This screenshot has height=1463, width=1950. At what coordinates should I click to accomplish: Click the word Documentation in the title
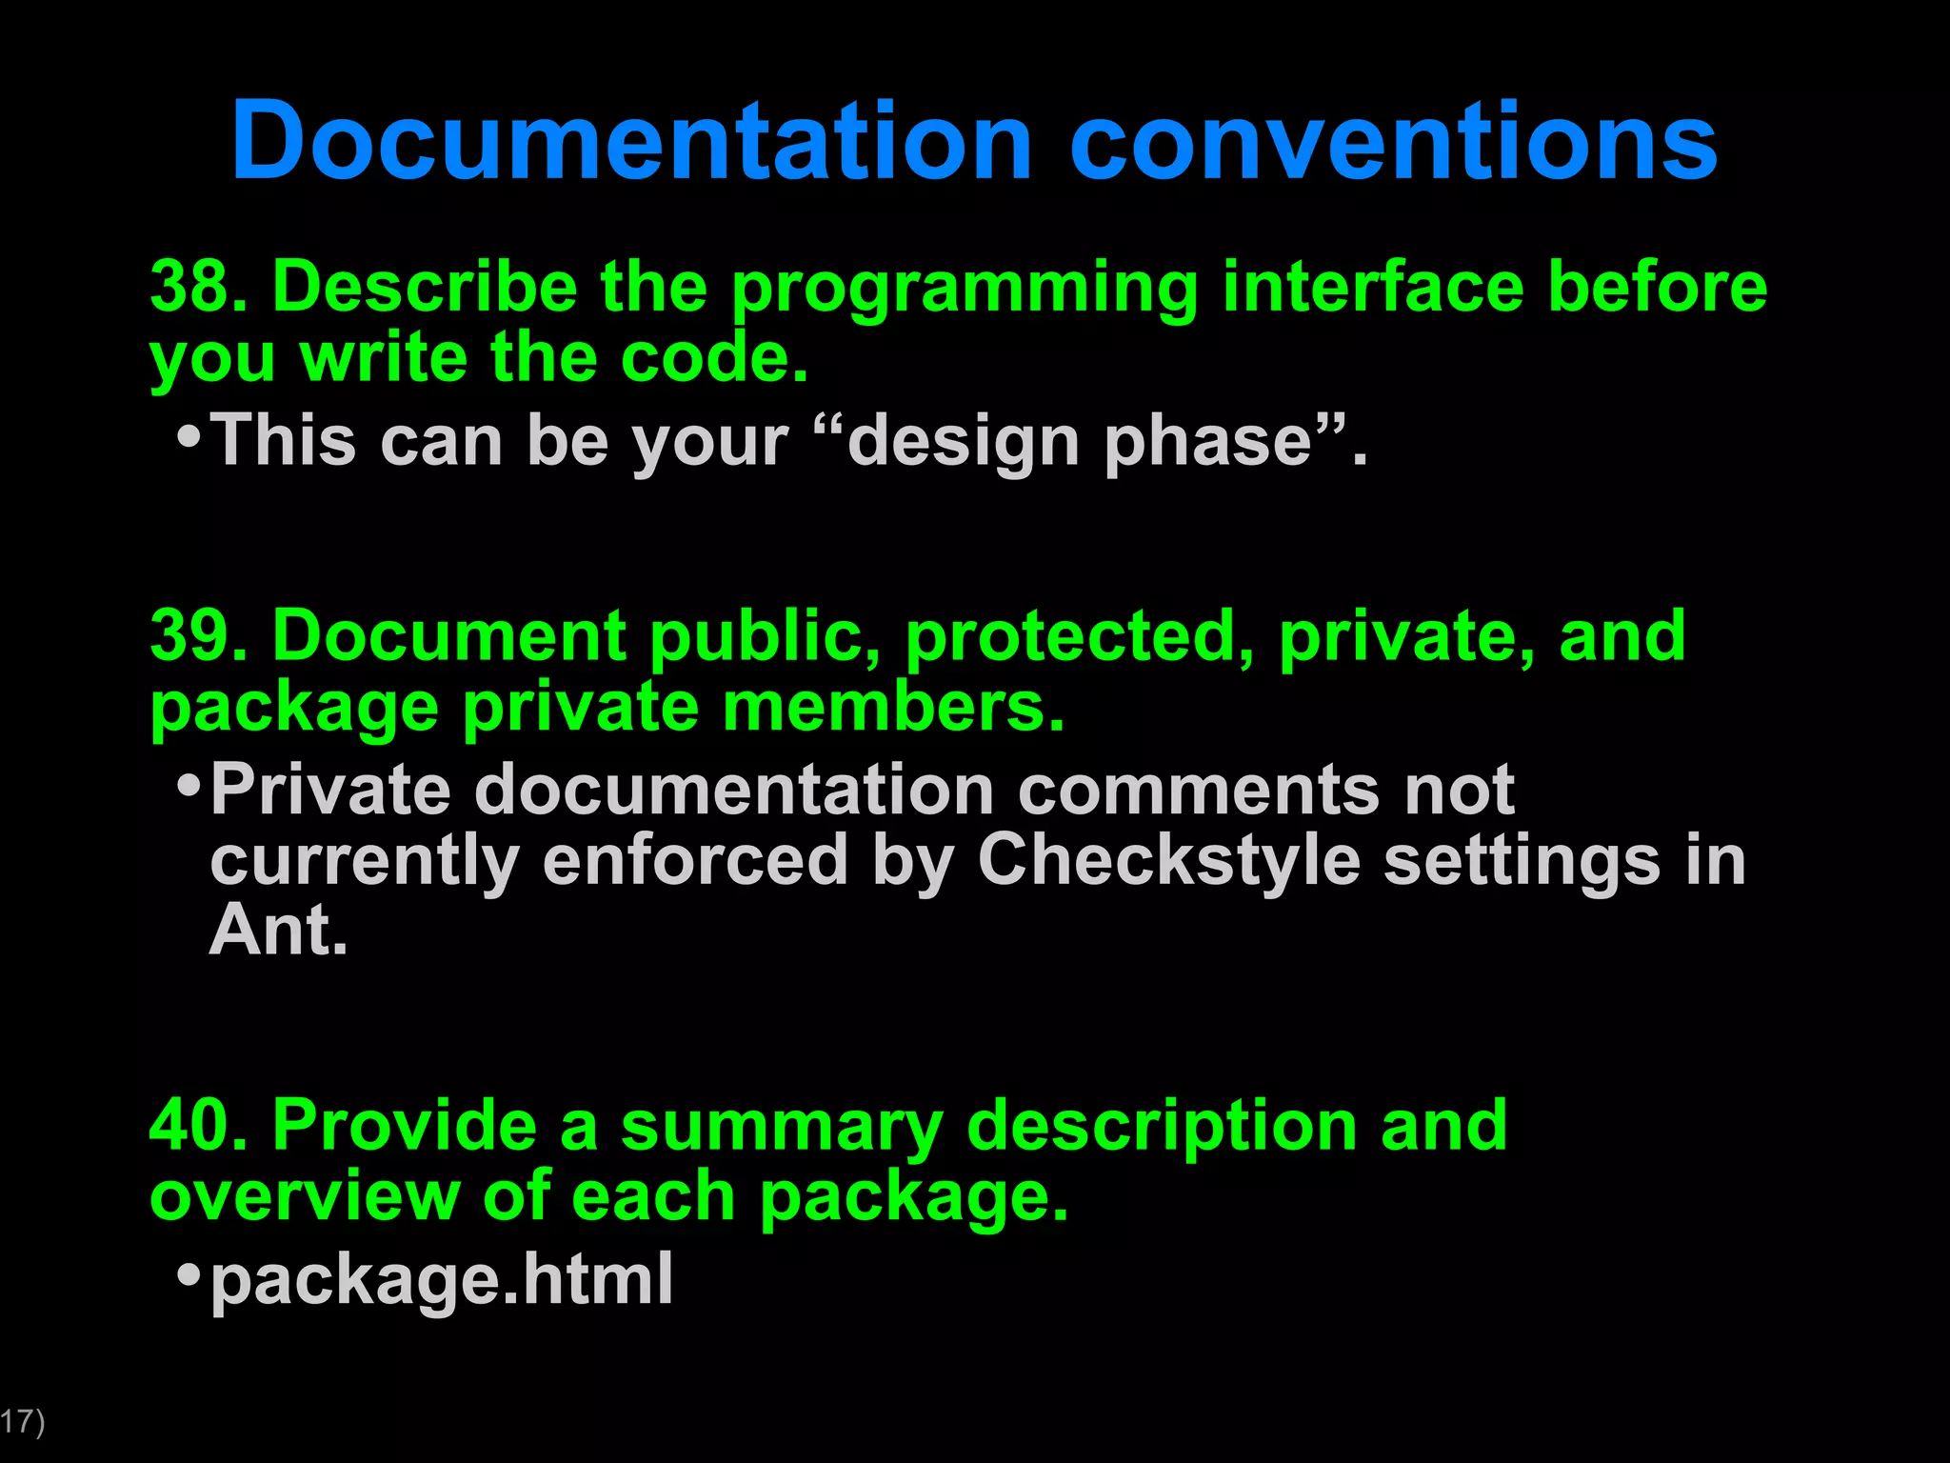coord(631,141)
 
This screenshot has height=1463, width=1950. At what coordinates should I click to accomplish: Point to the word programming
coord(964,289)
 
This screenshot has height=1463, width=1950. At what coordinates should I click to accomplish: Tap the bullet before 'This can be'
coord(189,437)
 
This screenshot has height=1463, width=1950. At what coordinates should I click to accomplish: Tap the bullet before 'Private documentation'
coord(189,787)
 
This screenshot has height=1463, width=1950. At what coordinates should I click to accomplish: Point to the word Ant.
coord(278,930)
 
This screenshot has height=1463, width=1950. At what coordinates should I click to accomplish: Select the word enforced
coord(695,860)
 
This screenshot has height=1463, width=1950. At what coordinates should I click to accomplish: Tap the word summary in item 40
coord(781,1128)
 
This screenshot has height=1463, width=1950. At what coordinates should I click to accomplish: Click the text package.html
coord(442,1280)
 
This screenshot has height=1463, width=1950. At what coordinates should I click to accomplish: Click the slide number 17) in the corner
coord(21,1422)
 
